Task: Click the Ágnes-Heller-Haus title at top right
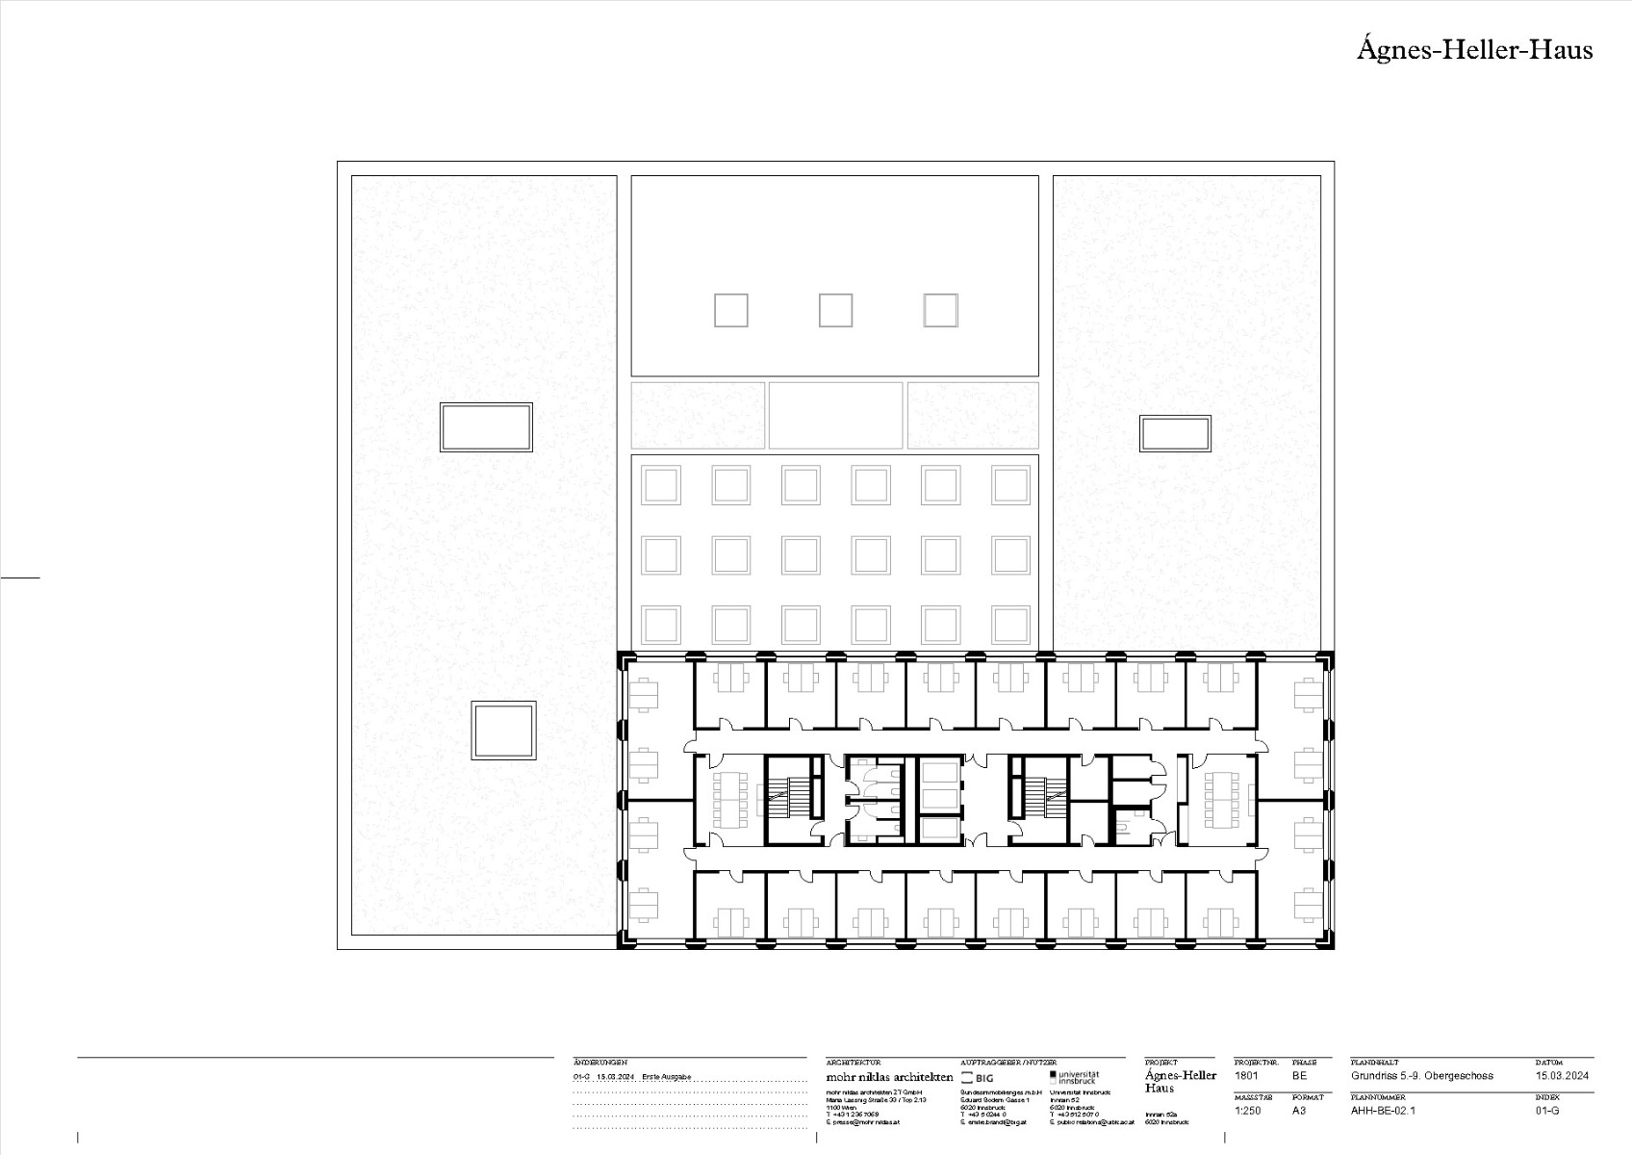[x=1474, y=50]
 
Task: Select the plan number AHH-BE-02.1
[x=1383, y=1110]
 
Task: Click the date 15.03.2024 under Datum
[x=1562, y=1075]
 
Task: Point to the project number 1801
[x=1246, y=1075]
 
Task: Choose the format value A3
[x=1300, y=1110]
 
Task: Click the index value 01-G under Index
[x=1547, y=1110]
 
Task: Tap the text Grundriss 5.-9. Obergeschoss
[x=1421, y=1075]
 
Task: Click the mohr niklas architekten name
[x=889, y=1077]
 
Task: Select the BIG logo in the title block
[x=978, y=1078]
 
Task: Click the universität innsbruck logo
[x=1075, y=1077]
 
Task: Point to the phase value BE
[x=1300, y=1075]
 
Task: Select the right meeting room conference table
[x=1222, y=799]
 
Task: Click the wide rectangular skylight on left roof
[x=486, y=427]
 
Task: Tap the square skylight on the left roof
[x=503, y=731]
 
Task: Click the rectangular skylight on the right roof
[x=1175, y=433]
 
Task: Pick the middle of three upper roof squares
[x=835, y=310]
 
